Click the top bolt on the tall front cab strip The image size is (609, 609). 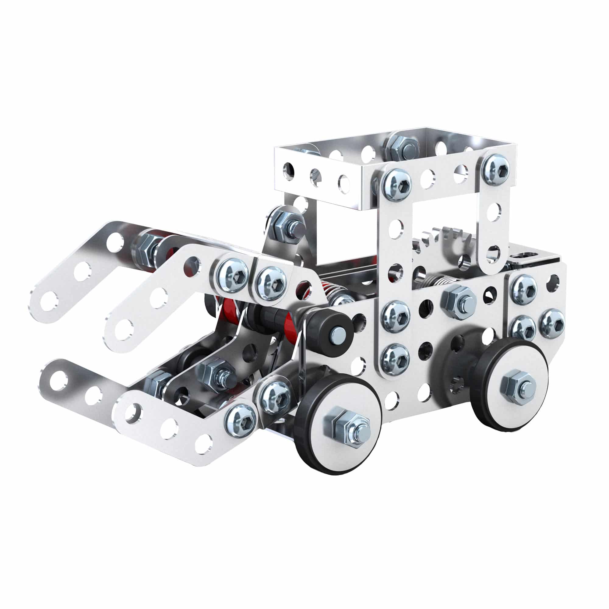tap(396, 185)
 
